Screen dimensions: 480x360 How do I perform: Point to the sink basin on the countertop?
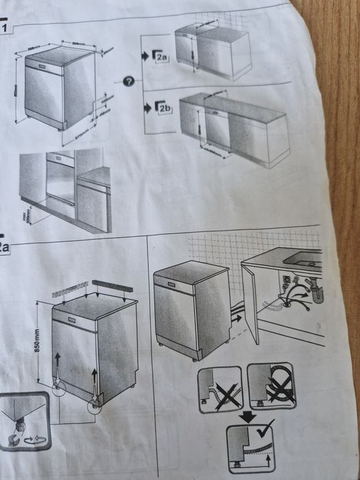tap(302, 257)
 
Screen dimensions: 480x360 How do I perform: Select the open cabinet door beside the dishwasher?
tap(250, 304)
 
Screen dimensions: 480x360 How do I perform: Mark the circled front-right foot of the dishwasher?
tap(93, 406)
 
